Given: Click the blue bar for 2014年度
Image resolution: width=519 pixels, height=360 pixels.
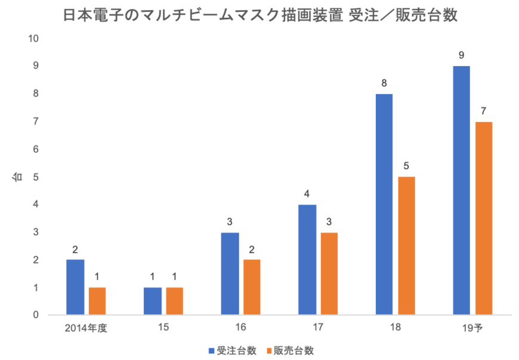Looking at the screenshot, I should coord(75,287).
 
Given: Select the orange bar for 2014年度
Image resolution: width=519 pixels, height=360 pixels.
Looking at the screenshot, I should coord(97,301).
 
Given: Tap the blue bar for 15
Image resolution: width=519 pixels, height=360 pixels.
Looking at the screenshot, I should coord(152,301).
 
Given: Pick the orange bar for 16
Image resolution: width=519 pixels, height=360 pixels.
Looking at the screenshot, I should coord(252,287).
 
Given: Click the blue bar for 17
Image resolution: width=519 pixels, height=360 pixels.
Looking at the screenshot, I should coord(307,259).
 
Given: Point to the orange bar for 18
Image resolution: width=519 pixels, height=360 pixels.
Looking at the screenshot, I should coord(406,246).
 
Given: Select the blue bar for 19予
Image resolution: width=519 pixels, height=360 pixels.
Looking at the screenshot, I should coord(462,190).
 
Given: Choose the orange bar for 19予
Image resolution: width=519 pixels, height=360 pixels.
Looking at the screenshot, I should coord(484,218).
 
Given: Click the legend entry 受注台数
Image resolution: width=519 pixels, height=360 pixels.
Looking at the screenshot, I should coord(233,350).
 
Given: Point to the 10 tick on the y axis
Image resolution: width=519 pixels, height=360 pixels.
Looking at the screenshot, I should coord(33,39).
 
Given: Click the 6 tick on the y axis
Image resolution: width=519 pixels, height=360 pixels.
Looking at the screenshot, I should coord(36,150).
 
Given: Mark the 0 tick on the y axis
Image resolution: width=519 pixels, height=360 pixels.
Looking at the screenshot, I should coord(36,315).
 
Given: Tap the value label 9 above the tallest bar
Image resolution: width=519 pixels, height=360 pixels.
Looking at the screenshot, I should coord(462,55).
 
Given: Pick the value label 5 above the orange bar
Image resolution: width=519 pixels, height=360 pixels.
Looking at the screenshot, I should coord(406,166).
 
